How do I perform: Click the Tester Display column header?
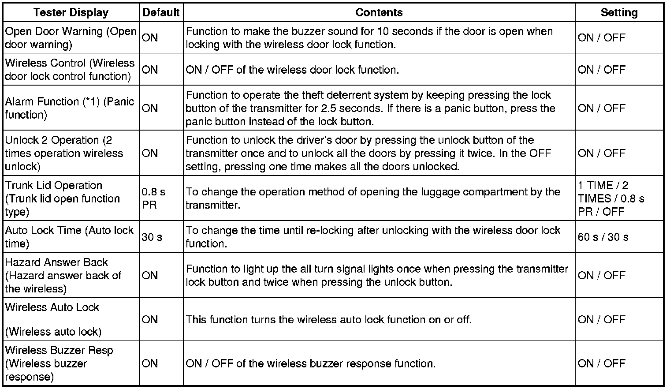pyautogui.click(x=71, y=12)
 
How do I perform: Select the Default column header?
pyautogui.click(x=161, y=12)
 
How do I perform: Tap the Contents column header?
pyautogui.click(x=379, y=12)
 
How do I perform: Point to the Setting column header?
pyautogui.click(x=619, y=12)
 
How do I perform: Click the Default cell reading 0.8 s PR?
pyautogui.click(x=154, y=198)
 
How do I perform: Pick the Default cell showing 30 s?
pyautogui.click(x=152, y=237)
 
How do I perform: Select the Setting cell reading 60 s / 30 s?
pyautogui.click(x=603, y=237)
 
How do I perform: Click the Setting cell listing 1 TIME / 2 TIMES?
pyautogui.click(x=611, y=198)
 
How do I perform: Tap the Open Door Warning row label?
pyautogui.click(x=71, y=38)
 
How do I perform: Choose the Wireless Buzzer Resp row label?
pyautogui.click(x=59, y=363)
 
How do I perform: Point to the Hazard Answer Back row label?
pyautogui.click(x=63, y=275)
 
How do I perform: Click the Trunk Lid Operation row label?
pyautogui.click(x=62, y=198)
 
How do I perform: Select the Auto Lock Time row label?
pyautogui.click(x=69, y=237)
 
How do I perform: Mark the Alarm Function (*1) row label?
pyautogui.click(x=69, y=108)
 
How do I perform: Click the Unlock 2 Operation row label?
pyautogui.click(x=64, y=153)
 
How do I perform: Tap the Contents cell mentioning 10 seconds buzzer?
pyautogui.click(x=369, y=38)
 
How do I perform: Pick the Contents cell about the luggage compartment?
pyautogui.click(x=373, y=198)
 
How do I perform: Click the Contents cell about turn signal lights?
pyautogui.click(x=377, y=275)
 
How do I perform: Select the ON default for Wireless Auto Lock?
pyautogui.click(x=150, y=319)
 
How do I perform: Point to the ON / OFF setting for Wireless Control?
pyautogui.click(x=601, y=70)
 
